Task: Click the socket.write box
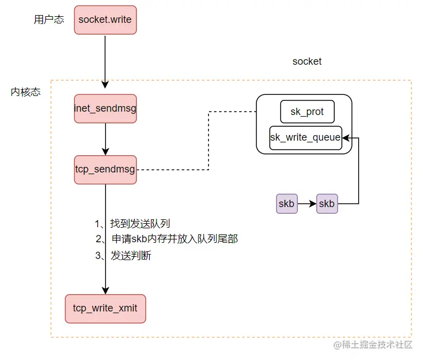pos(105,20)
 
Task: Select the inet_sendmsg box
pos(105,108)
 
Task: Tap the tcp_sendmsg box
pos(105,169)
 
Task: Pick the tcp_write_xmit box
pos(105,308)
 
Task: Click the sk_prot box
pos(307,112)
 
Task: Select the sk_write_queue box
pos(305,137)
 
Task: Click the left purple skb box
pos(286,204)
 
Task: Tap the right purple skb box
pos(326,204)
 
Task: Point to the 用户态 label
pos(49,20)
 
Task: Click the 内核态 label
pos(26,92)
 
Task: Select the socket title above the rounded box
pos(307,61)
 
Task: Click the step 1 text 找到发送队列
pos(140,224)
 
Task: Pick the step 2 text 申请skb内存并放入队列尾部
pos(174,239)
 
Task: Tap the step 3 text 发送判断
pos(131,256)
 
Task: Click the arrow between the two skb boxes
pos(306,204)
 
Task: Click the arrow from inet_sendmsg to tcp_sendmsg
pos(105,138)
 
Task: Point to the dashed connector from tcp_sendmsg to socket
pos(208,140)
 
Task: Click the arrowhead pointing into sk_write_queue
pos(346,137)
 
